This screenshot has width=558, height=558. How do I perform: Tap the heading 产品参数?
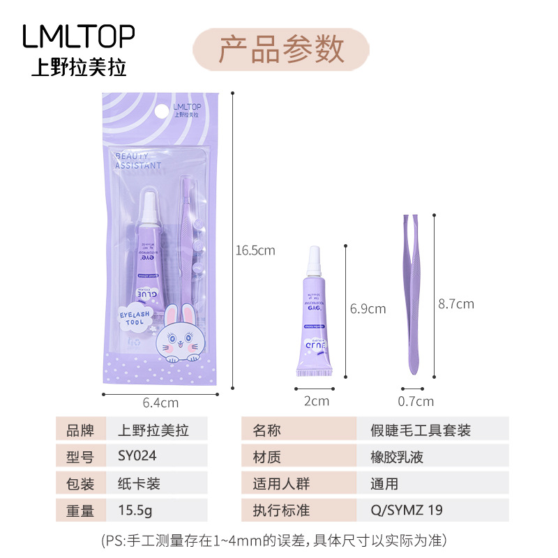coord(281,49)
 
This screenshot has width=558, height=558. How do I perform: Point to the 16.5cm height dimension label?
coord(255,250)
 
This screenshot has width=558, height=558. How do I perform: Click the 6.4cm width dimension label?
coord(160,402)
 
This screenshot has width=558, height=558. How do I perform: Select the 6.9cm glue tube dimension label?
coord(367,308)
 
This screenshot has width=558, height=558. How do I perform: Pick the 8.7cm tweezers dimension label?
coord(455,303)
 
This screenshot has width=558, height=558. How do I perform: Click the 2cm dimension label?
coord(316,401)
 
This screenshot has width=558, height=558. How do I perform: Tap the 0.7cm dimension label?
coord(416,401)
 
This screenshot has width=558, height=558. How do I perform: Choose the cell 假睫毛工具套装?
coord(420,430)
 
